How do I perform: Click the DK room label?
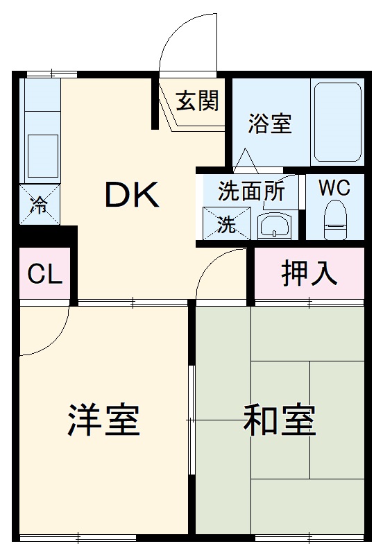click(132, 196)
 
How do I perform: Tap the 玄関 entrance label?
click(196, 101)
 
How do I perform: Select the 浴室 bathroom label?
click(270, 125)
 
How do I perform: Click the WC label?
click(334, 187)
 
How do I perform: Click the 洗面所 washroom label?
click(250, 191)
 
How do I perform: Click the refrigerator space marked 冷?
click(40, 205)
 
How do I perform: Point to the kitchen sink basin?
click(42, 153)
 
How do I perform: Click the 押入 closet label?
click(309, 274)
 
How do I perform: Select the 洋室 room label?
click(104, 420)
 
